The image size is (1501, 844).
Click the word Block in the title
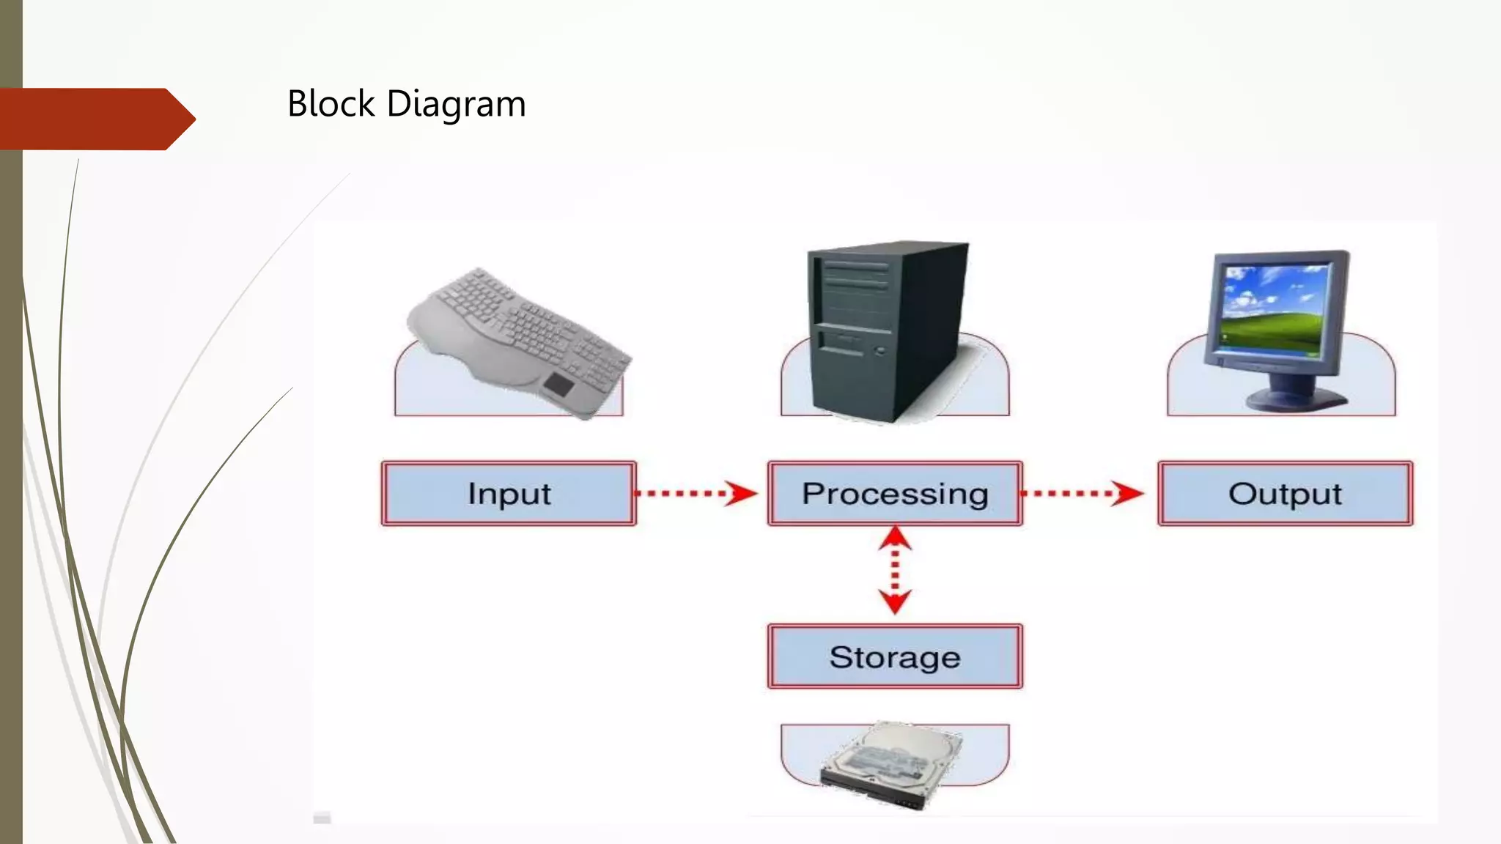(331, 103)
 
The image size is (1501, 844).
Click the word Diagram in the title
(456, 104)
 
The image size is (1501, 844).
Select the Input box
(509, 493)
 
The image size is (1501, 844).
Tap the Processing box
(895, 493)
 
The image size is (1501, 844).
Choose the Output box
(1285, 493)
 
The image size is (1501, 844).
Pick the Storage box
(895, 656)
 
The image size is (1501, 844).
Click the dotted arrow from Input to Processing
(696, 493)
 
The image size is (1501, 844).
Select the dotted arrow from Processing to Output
(1081, 493)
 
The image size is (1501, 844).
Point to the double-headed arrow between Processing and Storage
(895, 570)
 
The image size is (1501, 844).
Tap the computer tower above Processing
(888, 330)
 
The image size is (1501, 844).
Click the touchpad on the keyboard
(558, 384)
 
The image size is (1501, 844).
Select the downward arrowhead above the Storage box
(895, 601)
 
